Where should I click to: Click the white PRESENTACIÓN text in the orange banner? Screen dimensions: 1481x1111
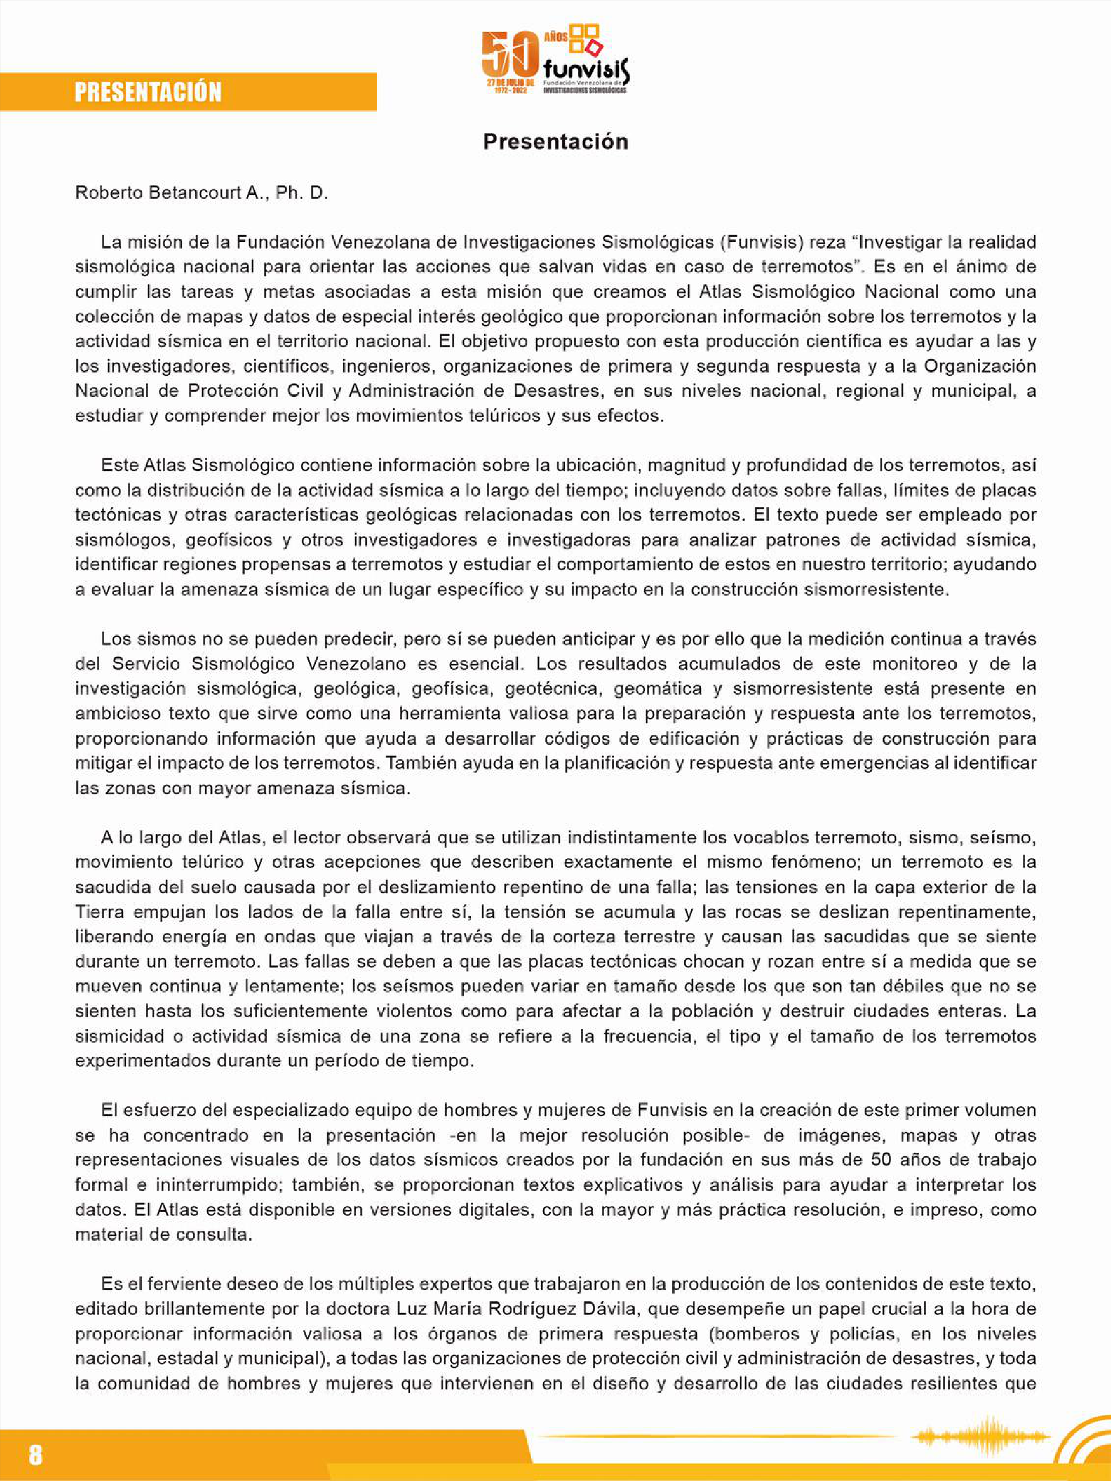[147, 92]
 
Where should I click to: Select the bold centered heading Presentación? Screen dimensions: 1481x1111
[555, 142]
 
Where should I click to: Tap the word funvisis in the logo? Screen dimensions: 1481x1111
[586, 69]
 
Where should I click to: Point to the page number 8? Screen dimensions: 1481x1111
[35, 1454]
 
